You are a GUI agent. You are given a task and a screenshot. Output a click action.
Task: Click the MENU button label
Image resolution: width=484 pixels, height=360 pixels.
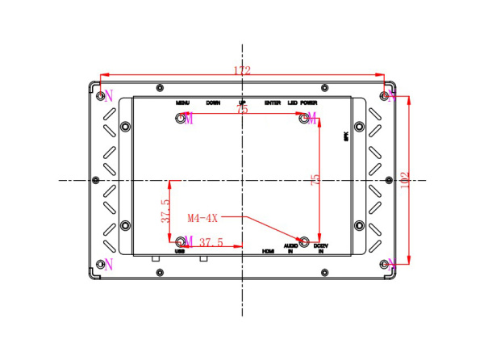pos(181,103)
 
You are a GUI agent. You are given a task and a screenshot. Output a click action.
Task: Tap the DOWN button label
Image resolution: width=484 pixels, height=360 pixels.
pos(213,103)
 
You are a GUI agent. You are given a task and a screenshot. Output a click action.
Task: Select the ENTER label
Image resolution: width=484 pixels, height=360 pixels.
pos(272,103)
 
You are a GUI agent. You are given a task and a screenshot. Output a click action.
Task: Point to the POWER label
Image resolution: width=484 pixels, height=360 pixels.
pos(309,103)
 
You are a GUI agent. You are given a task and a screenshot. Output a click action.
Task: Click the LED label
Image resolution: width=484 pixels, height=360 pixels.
pos(291,103)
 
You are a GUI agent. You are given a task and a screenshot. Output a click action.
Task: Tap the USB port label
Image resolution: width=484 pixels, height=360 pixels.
pos(181,251)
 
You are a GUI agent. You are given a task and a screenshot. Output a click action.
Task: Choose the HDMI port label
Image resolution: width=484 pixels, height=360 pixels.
pos(269,251)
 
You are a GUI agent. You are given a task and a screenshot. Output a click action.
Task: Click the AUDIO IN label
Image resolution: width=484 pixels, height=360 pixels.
pos(290,249)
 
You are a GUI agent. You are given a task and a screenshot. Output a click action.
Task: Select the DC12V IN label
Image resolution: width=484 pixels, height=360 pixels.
pos(320,249)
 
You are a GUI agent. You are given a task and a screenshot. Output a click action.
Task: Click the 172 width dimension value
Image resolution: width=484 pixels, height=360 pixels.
pos(242,71)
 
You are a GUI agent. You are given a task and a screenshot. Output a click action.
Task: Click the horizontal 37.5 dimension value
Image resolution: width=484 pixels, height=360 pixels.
pos(211,242)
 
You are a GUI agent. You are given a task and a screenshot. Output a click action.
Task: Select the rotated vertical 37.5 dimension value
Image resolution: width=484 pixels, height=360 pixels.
pos(165,211)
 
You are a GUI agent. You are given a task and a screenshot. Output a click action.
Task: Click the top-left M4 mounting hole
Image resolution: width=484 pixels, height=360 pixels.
pos(181,119)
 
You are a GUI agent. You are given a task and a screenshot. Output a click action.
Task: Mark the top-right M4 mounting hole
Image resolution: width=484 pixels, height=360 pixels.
pos(305,119)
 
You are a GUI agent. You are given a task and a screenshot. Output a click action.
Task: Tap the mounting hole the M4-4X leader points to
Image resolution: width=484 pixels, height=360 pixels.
pos(305,241)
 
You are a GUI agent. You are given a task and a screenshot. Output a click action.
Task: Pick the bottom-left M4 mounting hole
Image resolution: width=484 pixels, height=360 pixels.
pos(180,241)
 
